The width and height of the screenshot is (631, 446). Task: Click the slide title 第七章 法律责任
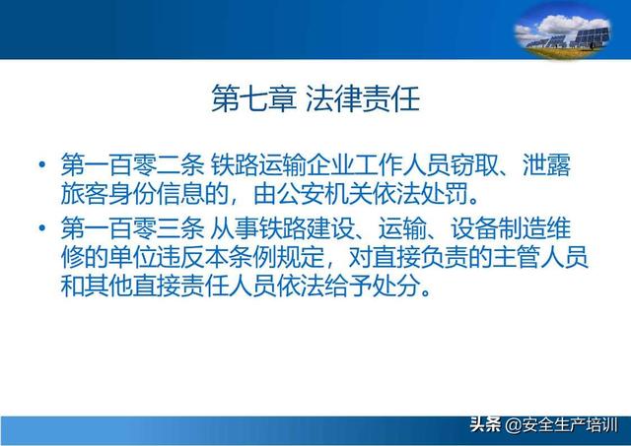click(x=315, y=98)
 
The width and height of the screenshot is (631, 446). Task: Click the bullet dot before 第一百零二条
click(x=42, y=164)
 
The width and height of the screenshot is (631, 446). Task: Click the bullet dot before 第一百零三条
click(x=42, y=228)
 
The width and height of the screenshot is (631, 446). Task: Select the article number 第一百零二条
click(x=132, y=164)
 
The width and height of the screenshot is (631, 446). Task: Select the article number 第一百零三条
click(x=132, y=228)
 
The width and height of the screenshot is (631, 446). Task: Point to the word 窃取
click(x=474, y=164)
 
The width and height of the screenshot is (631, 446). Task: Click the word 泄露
click(x=546, y=164)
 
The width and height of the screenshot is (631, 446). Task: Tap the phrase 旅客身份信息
click(x=132, y=194)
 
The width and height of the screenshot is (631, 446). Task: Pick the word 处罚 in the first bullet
click(x=445, y=194)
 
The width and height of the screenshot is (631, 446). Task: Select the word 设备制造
click(x=498, y=228)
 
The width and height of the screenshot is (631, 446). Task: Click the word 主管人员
click(x=539, y=257)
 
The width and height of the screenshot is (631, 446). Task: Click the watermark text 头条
click(x=486, y=424)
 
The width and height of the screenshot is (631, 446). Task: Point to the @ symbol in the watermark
click(x=513, y=425)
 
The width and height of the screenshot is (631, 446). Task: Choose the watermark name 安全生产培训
click(x=570, y=424)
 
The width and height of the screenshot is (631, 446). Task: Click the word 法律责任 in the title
click(x=363, y=98)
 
